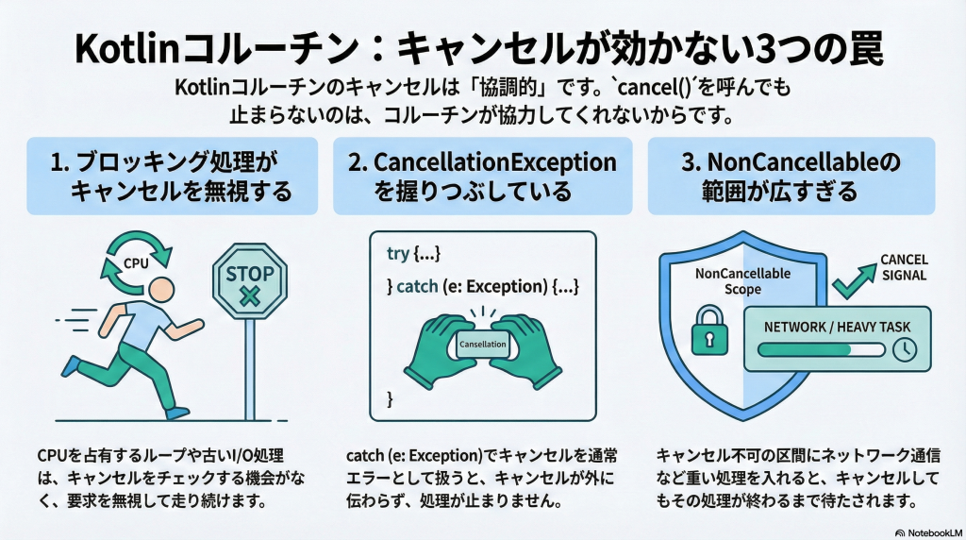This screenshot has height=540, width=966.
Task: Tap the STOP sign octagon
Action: [x=250, y=282]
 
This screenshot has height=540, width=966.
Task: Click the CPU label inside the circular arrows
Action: [x=137, y=263]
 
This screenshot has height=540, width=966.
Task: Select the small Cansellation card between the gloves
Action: [x=482, y=345]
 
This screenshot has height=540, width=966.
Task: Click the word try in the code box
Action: [x=398, y=254]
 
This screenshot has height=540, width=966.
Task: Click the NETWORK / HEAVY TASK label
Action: [x=831, y=326]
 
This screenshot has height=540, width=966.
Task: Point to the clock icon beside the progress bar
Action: [x=903, y=348]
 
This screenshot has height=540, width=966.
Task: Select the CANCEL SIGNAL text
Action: [x=904, y=267]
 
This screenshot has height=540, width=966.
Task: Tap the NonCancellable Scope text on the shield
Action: [x=741, y=281]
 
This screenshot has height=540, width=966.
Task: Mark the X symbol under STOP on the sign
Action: [x=250, y=296]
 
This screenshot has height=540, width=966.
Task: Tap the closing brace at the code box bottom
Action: [x=390, y=400]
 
